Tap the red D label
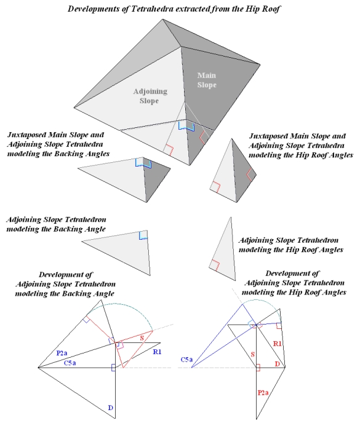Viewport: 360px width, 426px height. [x=277, y=365]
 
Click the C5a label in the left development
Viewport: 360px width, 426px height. [x=71, y=363]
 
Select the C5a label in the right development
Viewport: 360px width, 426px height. [x=187, y=358]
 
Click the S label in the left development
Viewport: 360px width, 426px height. [x=141, y=337]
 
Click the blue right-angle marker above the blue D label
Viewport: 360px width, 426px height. [x=113, y=368]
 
